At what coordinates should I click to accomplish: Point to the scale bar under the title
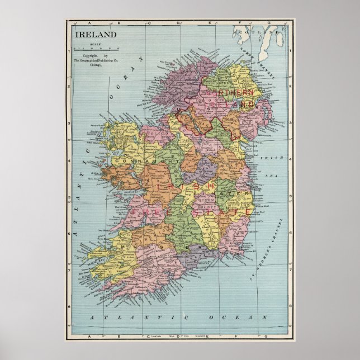pos(94,49)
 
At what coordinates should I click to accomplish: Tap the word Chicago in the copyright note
pos(97,65)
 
